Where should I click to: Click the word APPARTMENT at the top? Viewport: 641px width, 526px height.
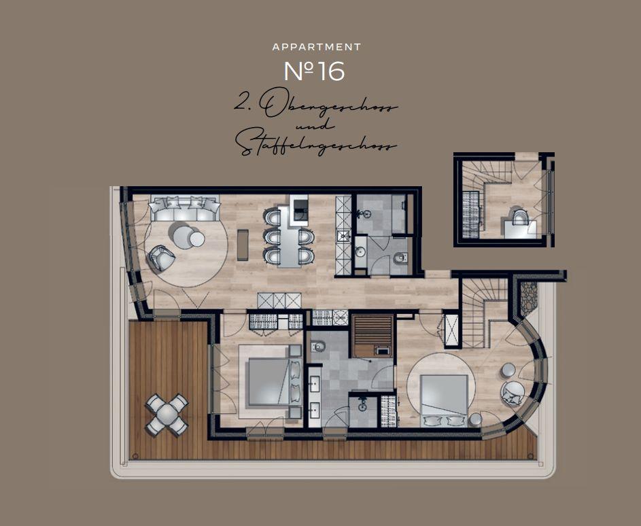[x=316, y=48]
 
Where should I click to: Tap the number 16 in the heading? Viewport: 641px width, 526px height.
[x=331, y=71]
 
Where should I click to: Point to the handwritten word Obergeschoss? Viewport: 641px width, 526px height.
[x=328, y=105]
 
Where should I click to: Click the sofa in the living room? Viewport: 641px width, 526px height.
[x=184, y=209]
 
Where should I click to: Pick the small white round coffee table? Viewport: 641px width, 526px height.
[x=197, y=239]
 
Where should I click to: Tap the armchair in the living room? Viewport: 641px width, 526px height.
[x=162, y=258]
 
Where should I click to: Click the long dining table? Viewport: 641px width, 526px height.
[x=290, y=236]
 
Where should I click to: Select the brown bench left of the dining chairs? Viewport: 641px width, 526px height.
[x=243, y=245]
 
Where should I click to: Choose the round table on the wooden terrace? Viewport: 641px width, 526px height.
[x=167, y=415]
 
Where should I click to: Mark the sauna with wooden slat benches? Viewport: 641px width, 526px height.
[x=373, y=335]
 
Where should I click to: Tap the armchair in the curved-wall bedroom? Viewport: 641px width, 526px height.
[x=513, y=393]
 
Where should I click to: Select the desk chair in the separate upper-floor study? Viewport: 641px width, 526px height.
[x=520, y=217]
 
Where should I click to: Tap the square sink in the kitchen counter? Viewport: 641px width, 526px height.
[x=343, y=235]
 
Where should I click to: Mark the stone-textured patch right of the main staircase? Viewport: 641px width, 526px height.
[x=529, y=298]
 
